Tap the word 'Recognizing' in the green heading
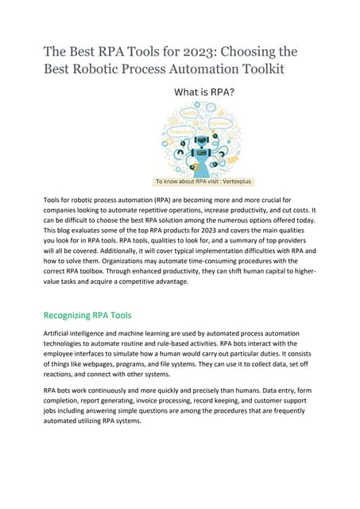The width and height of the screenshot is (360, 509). click(72, 315)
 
